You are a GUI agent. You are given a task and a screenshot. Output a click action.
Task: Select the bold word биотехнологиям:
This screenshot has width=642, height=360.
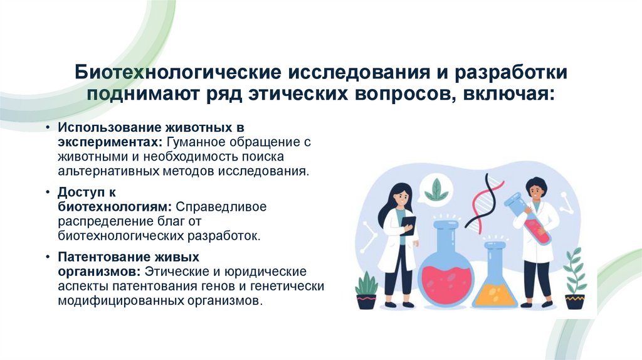pyautogui.click(x=116, y=206)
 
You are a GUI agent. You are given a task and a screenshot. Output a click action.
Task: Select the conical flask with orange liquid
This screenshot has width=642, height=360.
pyautogui.click(x=495, y=282)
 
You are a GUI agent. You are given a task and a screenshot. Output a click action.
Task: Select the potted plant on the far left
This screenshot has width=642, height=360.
pyautogui.click(x=366, y=291)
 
